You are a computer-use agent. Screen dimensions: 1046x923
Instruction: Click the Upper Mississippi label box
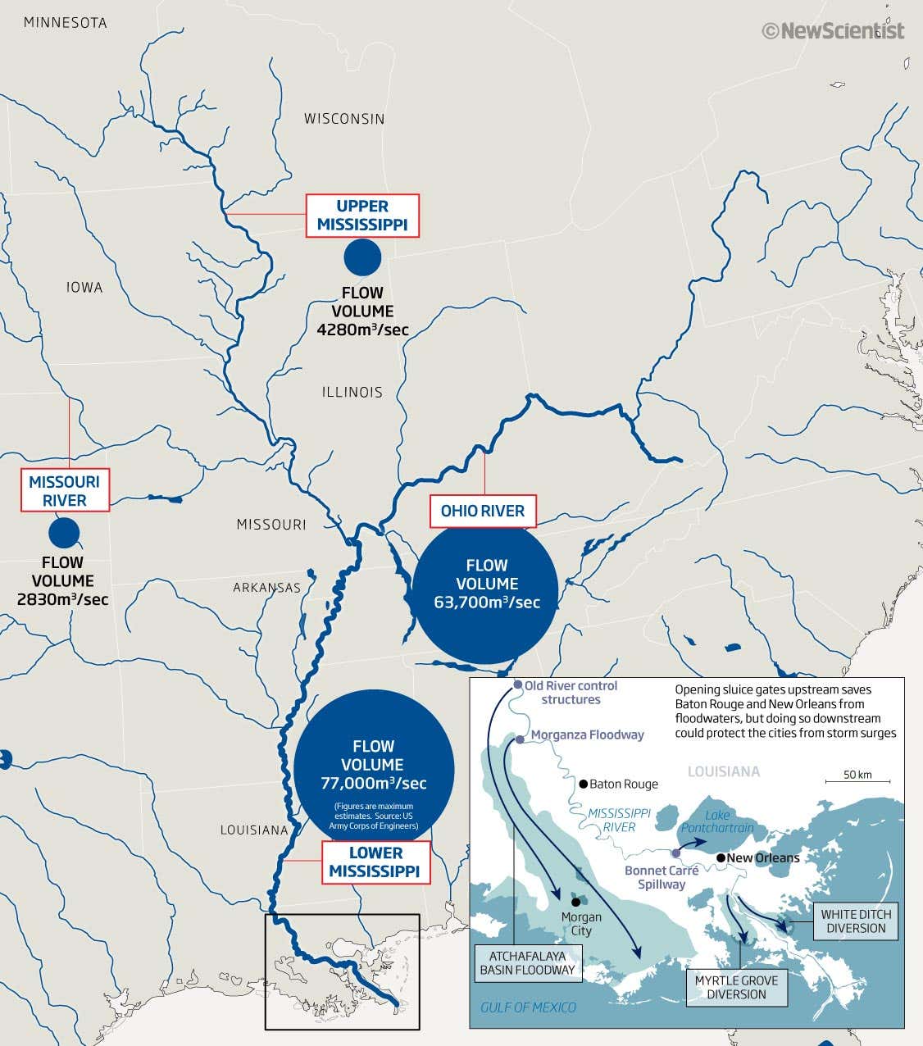[362, 216]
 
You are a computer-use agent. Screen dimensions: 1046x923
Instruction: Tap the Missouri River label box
[65, 491]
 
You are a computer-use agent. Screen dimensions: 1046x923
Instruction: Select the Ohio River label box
[483, 511]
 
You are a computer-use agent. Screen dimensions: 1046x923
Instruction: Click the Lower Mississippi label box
[375, 862]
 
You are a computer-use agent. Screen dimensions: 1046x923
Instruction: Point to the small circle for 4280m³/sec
[362, 257]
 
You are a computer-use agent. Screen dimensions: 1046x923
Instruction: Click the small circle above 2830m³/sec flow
[64, 533]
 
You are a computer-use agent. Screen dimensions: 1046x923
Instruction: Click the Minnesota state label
[66, 23]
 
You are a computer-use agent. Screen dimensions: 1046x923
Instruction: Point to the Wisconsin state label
[344, 119]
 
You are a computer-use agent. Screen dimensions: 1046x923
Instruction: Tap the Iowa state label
[85, 287]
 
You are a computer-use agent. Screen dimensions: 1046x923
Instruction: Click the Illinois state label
[352, 392]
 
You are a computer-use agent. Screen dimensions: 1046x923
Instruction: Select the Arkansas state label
[267, 588]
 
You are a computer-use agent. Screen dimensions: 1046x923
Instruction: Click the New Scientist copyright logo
[833, 31]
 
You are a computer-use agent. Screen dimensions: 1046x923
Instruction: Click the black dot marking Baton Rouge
[583, 784]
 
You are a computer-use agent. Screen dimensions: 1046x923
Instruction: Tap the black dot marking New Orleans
[721, 858]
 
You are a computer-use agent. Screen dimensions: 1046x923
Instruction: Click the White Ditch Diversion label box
[856, 921]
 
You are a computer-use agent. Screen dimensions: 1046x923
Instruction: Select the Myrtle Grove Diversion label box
[736, 987]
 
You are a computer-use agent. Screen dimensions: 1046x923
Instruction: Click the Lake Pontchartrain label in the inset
[717, 821]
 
